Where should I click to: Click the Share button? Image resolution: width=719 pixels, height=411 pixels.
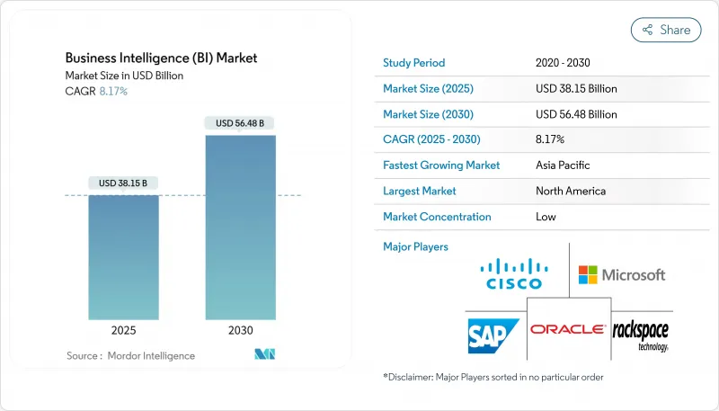666,30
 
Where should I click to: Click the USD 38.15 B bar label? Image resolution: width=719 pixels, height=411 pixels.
124,183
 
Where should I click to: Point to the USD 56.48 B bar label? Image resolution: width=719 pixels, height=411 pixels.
240,123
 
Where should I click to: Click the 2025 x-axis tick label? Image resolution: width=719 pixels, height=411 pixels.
124,331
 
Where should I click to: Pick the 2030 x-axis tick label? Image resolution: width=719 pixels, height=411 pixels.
241,331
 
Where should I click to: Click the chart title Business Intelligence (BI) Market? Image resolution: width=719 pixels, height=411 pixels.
161,58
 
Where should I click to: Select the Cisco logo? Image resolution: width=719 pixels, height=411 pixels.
513,273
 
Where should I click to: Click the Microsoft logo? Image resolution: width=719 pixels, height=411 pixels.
622,274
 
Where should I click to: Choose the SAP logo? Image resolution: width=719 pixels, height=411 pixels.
492,335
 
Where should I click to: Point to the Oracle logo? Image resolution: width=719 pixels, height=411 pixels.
567,330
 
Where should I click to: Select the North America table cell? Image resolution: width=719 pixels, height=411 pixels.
570,191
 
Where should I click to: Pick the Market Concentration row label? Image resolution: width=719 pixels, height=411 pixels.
437,217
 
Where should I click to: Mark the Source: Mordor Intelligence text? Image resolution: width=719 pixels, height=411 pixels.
129,356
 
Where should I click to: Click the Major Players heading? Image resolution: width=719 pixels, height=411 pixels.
415,246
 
